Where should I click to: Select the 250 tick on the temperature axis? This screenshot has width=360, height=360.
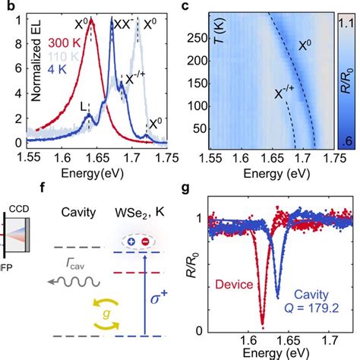coord(204,35)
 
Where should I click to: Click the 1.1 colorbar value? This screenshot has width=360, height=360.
coord(348,21)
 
